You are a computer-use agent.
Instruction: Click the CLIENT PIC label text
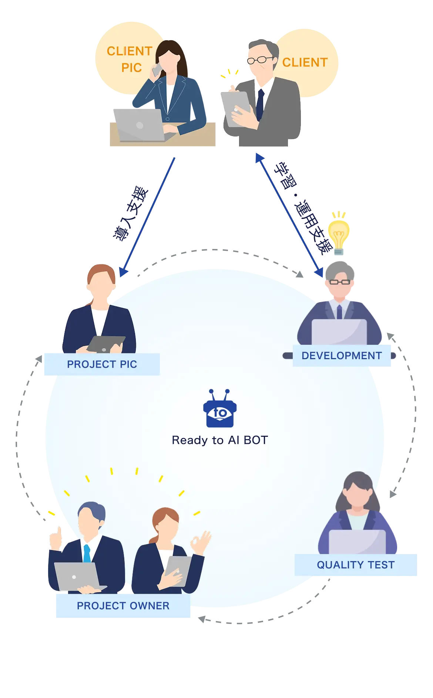point(130,59)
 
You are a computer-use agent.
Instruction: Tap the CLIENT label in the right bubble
point(305,63)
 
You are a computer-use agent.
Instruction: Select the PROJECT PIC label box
point(101,364)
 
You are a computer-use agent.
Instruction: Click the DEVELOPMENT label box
point(342,356)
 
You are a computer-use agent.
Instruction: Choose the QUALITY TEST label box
point(355,565)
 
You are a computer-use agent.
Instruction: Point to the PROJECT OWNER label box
point(123,606)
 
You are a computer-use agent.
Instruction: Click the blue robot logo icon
point(220,410)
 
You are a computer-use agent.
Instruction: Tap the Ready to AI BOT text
point(220,440)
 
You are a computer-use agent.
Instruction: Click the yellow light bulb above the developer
point(338,233)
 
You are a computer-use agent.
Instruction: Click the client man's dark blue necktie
point(260,104)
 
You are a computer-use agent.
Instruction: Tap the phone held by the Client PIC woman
point(157,70)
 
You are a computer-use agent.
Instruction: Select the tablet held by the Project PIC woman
point(106,344)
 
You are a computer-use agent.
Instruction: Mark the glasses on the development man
point(340,282)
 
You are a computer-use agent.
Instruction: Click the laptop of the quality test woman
point(358,542)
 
